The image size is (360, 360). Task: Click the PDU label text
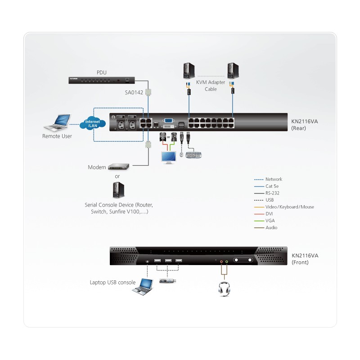[x=102, y=72]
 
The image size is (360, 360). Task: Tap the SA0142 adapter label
[x=134, y=93]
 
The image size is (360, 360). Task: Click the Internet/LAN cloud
[x=93, y=123]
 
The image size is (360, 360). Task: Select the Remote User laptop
[x=58, y=122]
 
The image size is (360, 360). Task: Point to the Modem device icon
[x=118, y=166]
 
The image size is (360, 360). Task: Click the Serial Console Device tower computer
[x=118, y=190]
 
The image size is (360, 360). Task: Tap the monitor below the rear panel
[x=169, y=157]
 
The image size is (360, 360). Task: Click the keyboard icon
[x=193, y=155]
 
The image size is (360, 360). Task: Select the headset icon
[x=224, y=289]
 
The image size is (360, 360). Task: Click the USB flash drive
[x=167, y=281]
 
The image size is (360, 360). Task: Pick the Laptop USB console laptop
[x=143, y=287]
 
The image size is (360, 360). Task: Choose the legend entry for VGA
[x=264, y=220]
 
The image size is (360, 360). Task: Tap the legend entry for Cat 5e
[x=266, y=186]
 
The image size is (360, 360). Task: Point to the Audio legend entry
[x=265, y=228]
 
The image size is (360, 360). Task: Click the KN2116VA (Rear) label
[x=305, y=125]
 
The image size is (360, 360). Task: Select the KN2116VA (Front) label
[x=305, y=259]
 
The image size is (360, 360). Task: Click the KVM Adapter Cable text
[x=211, y=85]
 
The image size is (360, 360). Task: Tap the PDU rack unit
[x=102, y=80]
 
